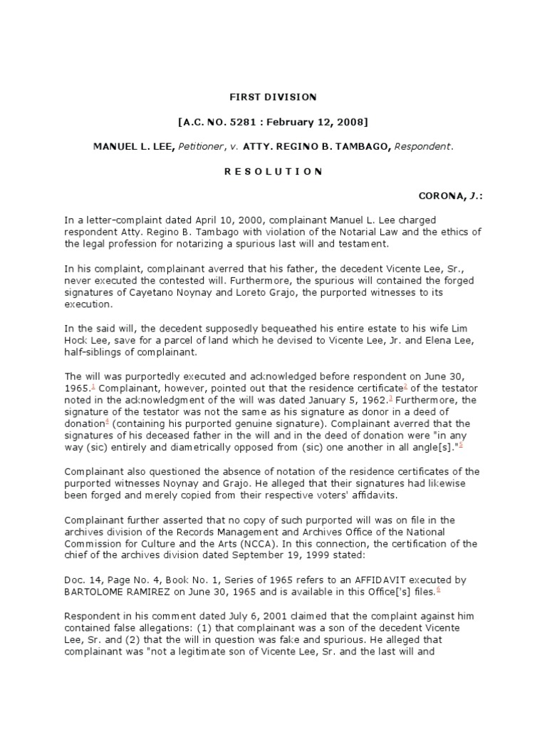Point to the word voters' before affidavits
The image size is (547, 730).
tap(300, 495)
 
